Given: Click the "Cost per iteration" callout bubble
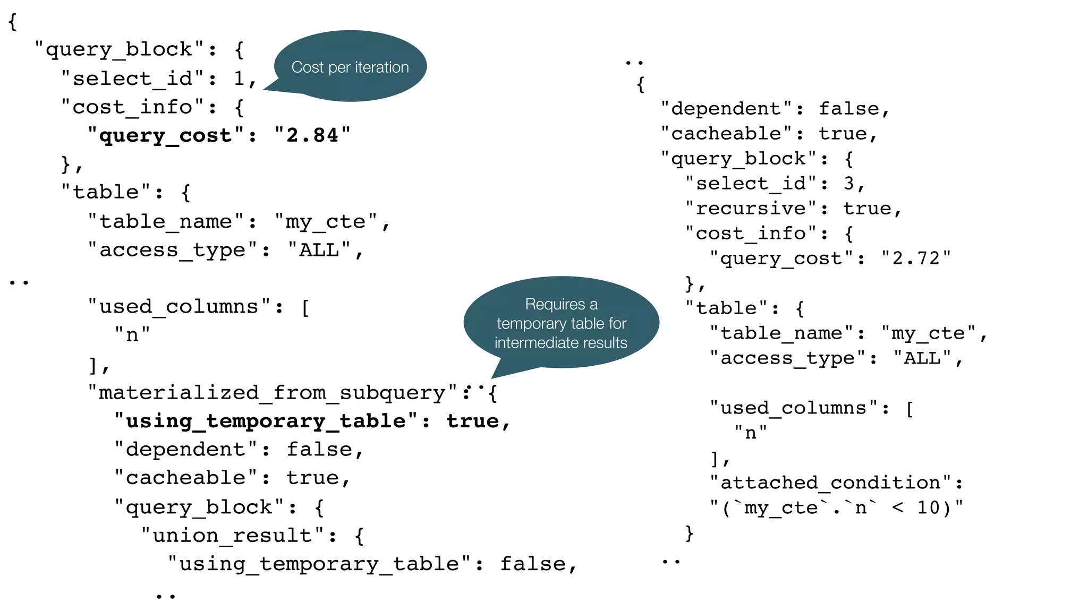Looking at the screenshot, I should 350,67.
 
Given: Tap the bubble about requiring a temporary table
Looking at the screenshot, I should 561,323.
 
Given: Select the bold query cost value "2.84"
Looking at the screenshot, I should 312,135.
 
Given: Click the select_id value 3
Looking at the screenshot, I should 848,183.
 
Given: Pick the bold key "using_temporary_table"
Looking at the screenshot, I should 266,421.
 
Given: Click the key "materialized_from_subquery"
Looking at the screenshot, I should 271,393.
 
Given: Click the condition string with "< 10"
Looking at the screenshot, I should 837,507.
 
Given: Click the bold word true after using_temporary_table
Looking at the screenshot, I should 473,421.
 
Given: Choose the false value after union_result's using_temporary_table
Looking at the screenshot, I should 533,564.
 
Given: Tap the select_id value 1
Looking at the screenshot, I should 239,79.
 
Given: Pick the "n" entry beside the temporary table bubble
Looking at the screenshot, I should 132,335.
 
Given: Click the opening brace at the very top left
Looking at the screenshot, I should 13,22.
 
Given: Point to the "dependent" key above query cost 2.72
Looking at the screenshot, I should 726,108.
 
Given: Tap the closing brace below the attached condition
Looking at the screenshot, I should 689,532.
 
